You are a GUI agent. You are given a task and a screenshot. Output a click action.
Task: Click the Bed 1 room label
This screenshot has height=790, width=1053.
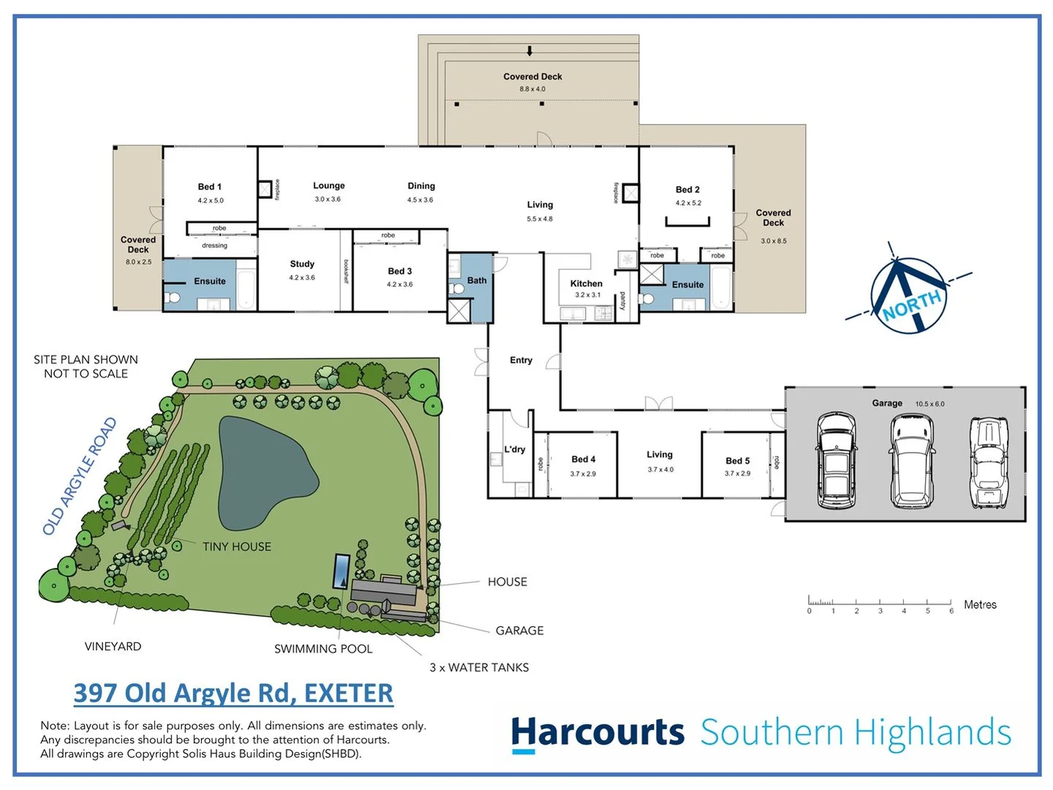click(x=209, y=187)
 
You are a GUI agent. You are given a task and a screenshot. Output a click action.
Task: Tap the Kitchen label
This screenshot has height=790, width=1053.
click(x=586, y=284)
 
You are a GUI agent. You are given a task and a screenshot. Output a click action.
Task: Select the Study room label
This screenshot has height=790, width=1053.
click(x=302, y=264)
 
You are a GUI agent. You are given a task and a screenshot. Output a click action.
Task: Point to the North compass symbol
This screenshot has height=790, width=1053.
click(x=908, y=295)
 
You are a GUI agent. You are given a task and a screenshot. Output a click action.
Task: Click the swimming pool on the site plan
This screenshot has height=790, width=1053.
click(x=341, y=571)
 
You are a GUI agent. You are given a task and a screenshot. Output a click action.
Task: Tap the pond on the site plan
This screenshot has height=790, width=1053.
click(x=263, y=472)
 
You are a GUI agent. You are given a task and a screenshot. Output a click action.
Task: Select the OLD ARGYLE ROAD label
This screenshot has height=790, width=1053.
click(x=80, y=476)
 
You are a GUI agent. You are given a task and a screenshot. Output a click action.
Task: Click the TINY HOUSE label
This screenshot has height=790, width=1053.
click(x=236, y=546)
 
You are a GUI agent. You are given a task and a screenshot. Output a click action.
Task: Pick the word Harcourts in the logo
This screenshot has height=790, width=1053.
click(x=597, y=732)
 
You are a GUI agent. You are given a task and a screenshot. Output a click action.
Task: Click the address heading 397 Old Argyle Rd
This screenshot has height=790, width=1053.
click(x=233, y=693)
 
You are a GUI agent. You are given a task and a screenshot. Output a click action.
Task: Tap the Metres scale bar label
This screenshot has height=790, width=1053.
click(x=980, y=605)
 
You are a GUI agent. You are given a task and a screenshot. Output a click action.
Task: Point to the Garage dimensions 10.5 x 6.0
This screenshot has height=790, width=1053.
click(x=929, y=404)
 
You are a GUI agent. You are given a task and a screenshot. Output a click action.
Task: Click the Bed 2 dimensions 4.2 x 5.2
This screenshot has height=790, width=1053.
click(x=688, y=203)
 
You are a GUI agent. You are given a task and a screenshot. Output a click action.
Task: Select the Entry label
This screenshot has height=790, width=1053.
click(x=521, y=360)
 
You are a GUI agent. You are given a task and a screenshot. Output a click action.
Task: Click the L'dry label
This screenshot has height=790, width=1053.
click(x=515, y=449)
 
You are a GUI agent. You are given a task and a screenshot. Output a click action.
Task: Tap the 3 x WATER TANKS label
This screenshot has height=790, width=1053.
click(x=479, y=667)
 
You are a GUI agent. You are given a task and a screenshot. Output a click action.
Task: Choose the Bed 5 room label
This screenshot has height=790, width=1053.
click(x=737, y=461)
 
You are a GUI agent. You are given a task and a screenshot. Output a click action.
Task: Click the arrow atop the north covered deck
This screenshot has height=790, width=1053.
click(x=530, y=50)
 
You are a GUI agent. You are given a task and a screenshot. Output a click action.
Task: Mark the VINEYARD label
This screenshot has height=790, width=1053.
click(x=113, y=647)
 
